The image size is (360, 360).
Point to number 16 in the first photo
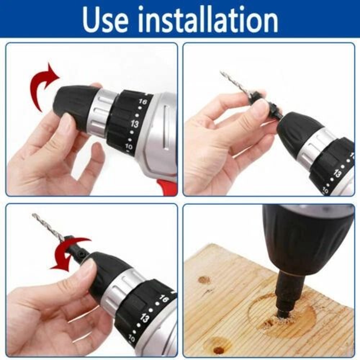[143, 102]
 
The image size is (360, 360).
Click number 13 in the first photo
[135, 124]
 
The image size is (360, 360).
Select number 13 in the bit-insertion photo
[337, 173]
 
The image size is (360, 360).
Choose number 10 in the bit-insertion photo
[325, 190]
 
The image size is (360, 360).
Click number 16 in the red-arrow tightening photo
[164, 299]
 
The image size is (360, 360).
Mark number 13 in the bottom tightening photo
[145, 318]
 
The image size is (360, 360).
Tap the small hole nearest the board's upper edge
[204, 279]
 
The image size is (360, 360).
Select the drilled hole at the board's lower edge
[219, 349]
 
